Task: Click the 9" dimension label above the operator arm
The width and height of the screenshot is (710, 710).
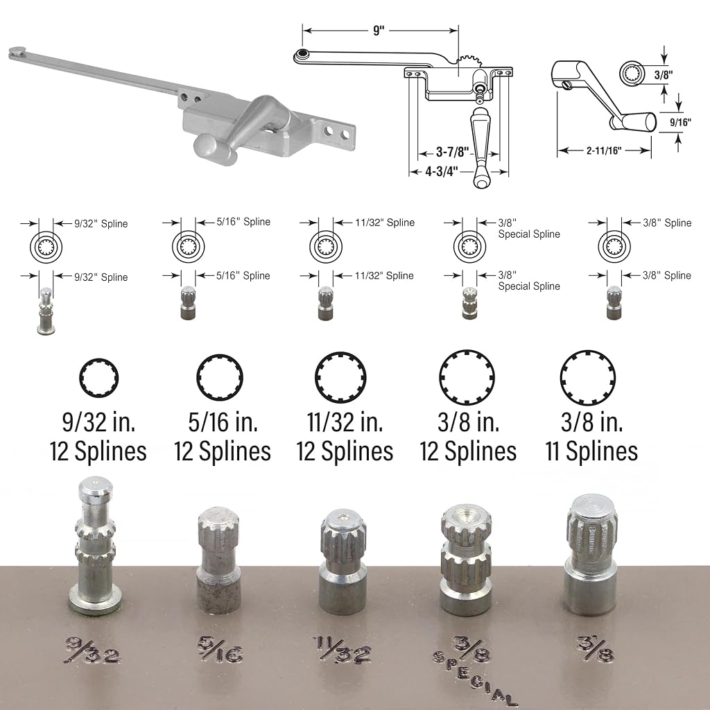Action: (379, 31)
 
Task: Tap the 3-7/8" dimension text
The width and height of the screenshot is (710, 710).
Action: (452, 152)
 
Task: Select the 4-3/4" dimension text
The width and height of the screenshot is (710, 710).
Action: (441, 172)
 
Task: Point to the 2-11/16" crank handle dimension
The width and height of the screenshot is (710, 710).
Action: (604, 150)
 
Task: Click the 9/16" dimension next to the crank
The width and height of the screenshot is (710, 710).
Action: (681, 122)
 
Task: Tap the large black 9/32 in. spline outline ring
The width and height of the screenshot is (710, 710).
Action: (98, 378)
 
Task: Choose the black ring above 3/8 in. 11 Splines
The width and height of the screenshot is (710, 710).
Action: (587, 378)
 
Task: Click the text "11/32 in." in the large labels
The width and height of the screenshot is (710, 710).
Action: (345, 422)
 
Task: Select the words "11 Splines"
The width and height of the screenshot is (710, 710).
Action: (591, 451)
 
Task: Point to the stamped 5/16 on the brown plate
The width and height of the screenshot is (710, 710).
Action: (220, 650)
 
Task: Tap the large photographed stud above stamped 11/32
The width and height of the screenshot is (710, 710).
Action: (343, 562)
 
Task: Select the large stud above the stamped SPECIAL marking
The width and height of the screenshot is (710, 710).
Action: (465, 560)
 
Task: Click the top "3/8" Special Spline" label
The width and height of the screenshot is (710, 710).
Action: (529, 228)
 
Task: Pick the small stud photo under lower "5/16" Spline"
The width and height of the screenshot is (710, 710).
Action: (189, 302)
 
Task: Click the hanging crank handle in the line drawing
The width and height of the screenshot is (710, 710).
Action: (481, 147)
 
